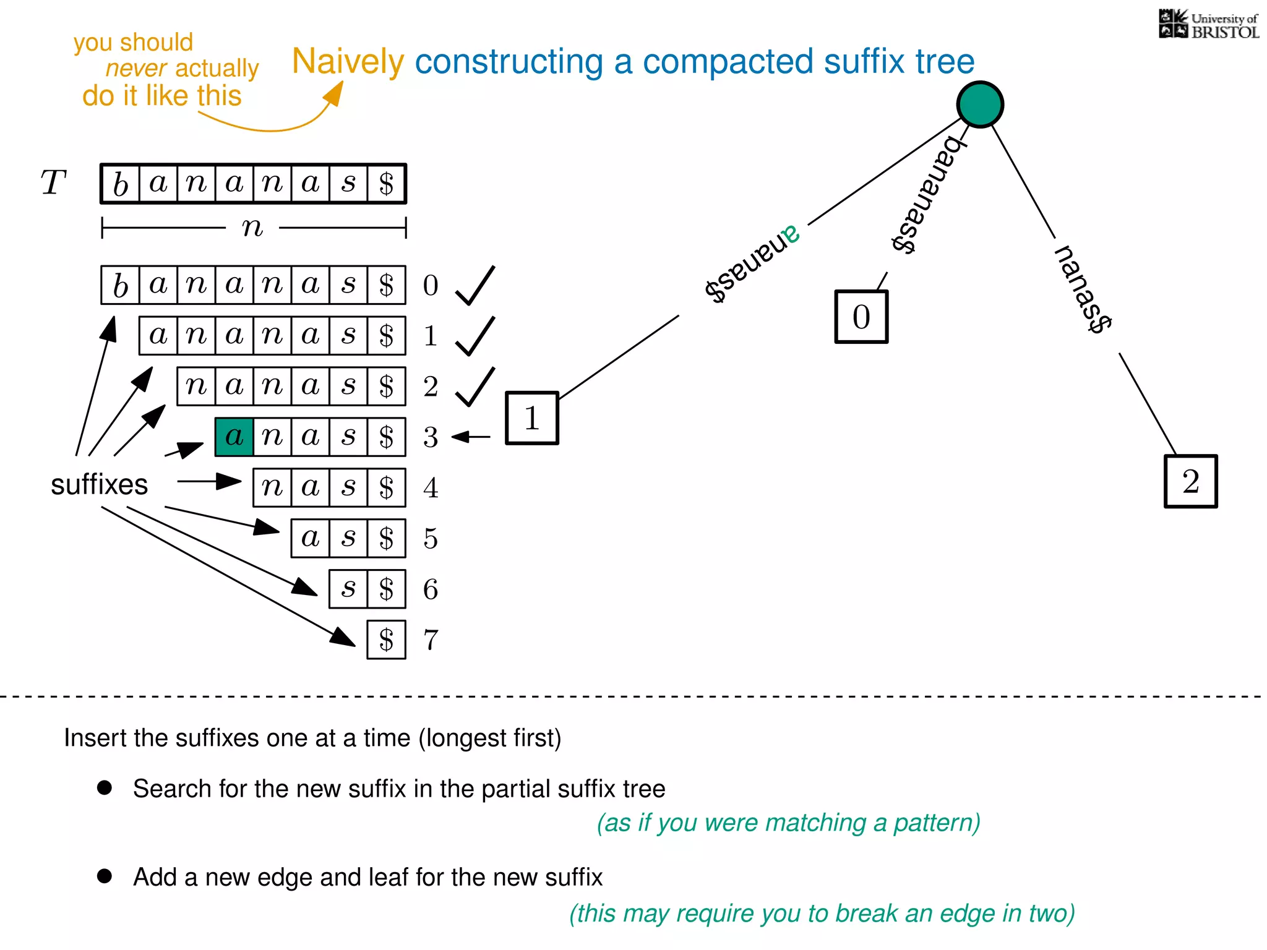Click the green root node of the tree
[x=980, y=105]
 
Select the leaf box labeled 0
[x=861, y=317]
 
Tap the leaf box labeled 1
[x=532, y=418]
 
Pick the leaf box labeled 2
[x=1191, y=482]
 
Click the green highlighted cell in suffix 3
[x=234, y=437]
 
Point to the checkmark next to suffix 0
[x=475, y=286]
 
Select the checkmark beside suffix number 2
[x=475, y=387]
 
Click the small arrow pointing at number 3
[x=471, y=437]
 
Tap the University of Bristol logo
[x=1208, y=25]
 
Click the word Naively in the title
[x=348, y=61]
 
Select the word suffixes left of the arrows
[x=99, y=484]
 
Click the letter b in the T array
[x=121, y=184]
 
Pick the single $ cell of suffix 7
[x=387, y=640]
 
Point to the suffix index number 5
[x=431, y=539]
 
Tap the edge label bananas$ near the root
[x=927, y=195]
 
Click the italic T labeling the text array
[x=53, y=183]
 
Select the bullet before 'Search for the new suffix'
[x=105, y=787]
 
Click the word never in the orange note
[x=136, y=68]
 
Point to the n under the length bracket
[x=252, y=228]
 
